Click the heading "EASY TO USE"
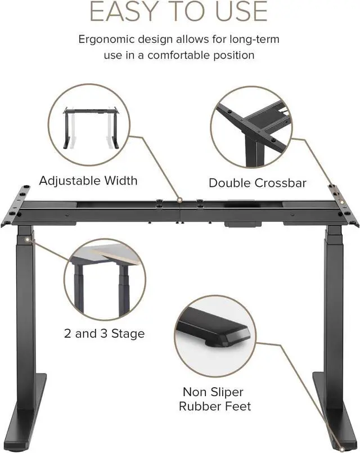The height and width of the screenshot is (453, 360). click(179, 11)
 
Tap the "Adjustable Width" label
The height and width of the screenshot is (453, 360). click(88, 181)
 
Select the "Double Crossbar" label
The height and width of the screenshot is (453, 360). click(257, 182)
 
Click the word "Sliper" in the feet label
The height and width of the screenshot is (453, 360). click(227, 392)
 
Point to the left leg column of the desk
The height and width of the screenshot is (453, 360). click(26, 315)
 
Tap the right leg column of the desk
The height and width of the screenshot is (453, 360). click(334, 315)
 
